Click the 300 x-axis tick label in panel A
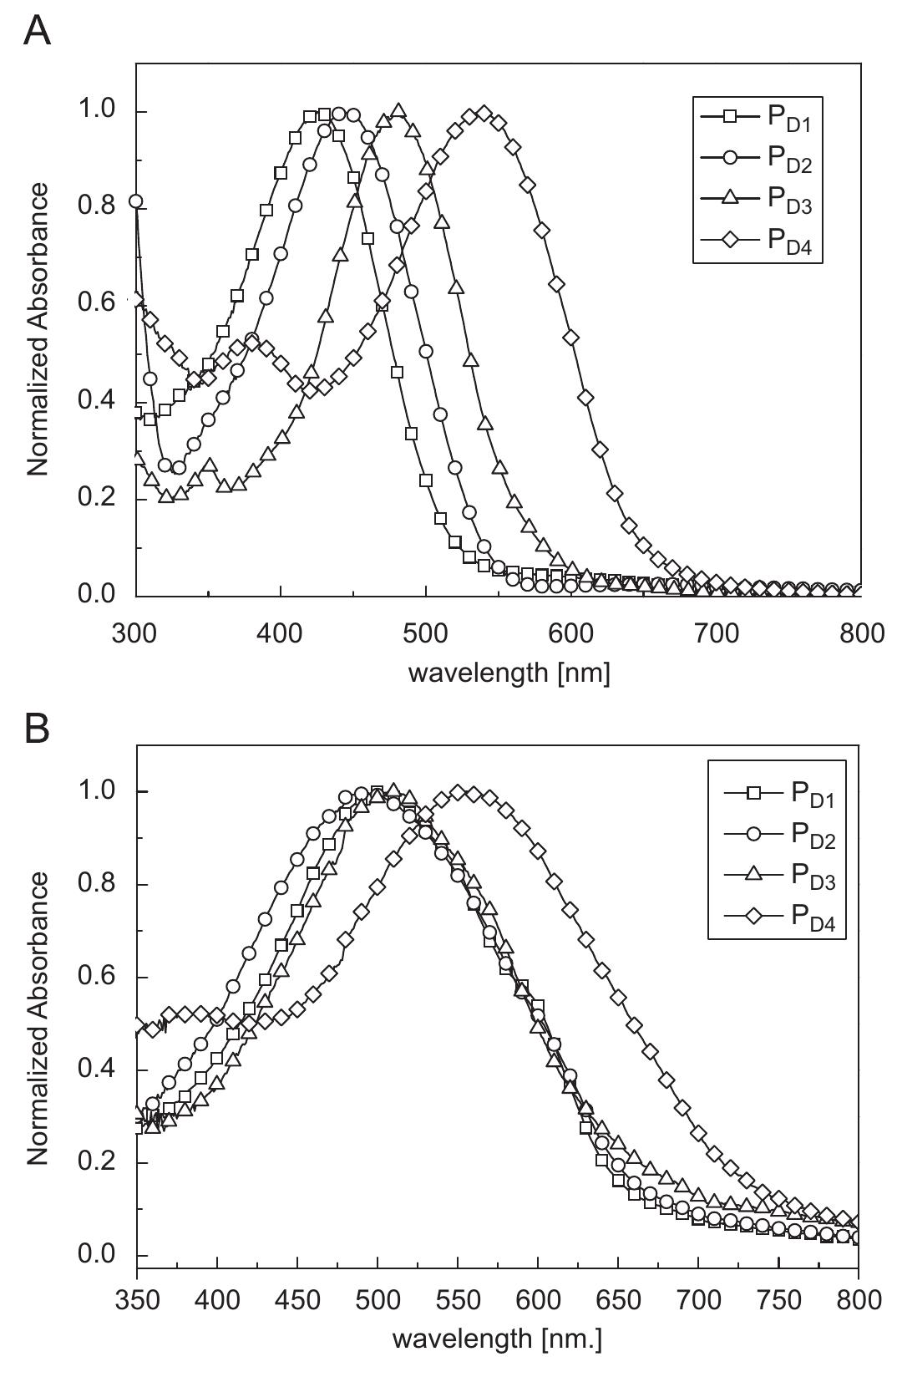(136, 633)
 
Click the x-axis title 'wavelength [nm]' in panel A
(509, 672)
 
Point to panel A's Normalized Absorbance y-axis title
(38, 330)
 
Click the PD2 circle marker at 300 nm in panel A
(135, 201)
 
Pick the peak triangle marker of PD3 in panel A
(398, 111)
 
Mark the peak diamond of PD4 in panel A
(484, 114)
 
